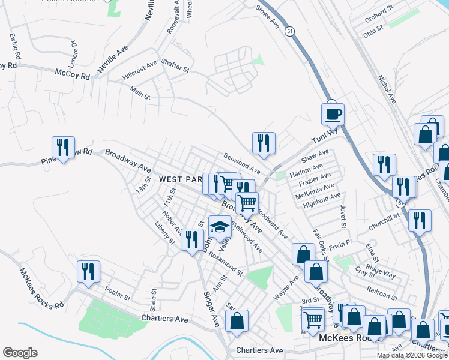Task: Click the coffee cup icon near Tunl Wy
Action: [x=333, y=113]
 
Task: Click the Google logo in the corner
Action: [x=20, y=353]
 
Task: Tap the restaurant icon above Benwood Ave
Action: [x=264, y=143]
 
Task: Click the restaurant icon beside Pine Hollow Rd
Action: [x=63, y=147]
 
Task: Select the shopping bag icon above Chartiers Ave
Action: [x=238, y=320]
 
